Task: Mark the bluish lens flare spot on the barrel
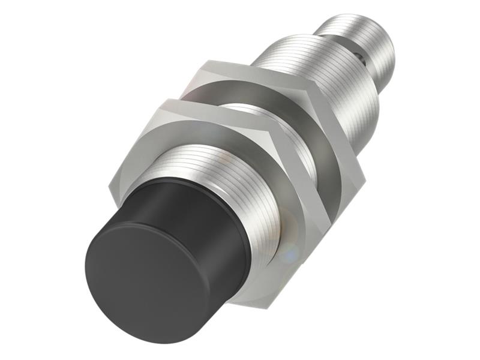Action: tap(288, 252)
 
